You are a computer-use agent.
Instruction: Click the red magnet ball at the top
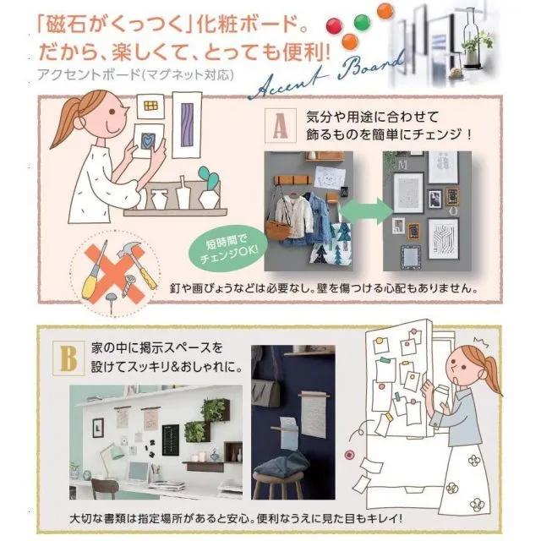334,27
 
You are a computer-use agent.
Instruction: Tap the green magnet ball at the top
362,23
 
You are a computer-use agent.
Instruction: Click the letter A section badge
280,126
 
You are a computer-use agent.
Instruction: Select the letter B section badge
68,358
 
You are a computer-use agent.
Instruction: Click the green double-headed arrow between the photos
367,210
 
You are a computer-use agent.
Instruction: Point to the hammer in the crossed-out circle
138,264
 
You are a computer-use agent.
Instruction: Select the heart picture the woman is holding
148,141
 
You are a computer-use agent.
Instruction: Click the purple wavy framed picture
187,125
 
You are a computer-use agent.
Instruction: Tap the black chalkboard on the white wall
171,440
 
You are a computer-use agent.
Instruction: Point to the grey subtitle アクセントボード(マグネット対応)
135,74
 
